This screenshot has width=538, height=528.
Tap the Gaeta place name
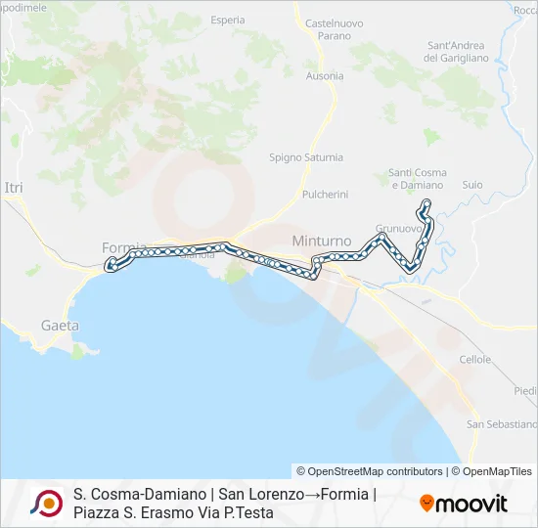(60, 326)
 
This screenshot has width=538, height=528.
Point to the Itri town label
(13, 187)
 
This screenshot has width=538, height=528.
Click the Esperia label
(227, 20)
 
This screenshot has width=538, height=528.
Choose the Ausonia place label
(325, 75)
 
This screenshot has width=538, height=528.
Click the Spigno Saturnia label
(306, 157)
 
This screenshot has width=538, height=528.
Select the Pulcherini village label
(326, 195)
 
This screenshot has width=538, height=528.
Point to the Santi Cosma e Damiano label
(417, 179)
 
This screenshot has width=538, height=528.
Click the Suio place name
(472, 184)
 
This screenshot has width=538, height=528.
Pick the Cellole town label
(475, 360)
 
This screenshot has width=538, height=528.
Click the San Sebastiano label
(502, 424)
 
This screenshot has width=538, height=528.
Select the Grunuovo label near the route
(398, 229)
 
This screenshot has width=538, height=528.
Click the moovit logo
(464, 504)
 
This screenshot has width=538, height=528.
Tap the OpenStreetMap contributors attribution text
(370, 471)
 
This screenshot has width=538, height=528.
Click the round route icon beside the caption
(46, 504)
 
